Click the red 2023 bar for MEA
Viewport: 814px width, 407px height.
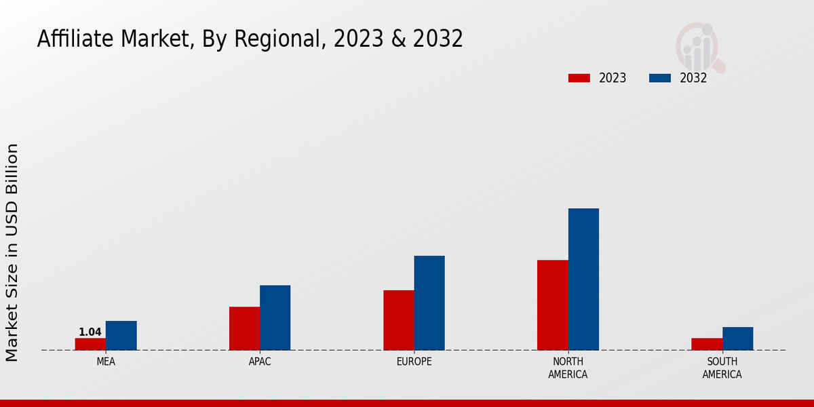[x=90, y=344]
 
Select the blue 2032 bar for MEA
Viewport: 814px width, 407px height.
[x=121, y=336]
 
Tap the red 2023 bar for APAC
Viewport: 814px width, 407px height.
[x=244, y=328]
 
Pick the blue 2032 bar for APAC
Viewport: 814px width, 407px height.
[x=275, y=317]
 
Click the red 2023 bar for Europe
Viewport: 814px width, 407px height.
[x=398, y=320]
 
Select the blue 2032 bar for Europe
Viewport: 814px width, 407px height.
[x=429, y=303]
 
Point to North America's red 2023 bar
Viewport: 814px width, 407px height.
[x=552, y=305]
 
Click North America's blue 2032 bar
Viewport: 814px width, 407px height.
[x=583, y=279]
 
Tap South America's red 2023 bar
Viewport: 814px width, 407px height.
[x=706, y=344]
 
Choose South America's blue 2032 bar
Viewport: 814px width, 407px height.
[x=737, y=338]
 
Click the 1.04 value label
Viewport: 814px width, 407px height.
[x=90, y=332]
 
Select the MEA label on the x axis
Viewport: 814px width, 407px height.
[x=106, y=362]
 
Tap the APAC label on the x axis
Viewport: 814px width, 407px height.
[x=260, y=362]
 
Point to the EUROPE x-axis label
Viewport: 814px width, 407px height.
[x=414, y=362]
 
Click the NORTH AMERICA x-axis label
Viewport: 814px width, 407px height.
[x=568, y=368]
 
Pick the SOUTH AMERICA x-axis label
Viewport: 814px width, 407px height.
[x=722, y=368]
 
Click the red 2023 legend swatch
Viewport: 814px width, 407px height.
[x=579, y=78]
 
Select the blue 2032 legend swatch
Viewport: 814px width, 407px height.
[x=660, y=78]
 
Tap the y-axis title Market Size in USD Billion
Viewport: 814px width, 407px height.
[x=12, y=252]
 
